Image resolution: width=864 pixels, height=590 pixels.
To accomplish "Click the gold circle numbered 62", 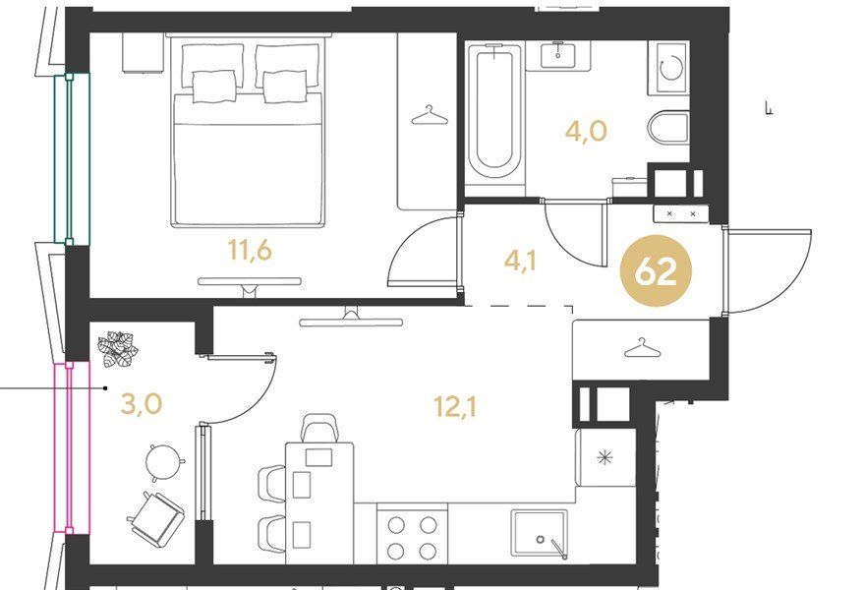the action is tap(656, 271).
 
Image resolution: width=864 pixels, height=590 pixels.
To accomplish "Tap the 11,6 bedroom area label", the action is tap(251, 251).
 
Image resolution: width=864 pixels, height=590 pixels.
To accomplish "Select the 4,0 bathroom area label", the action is tap(586, 131).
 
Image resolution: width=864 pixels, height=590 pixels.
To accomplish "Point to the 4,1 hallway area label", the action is tap(520, 261).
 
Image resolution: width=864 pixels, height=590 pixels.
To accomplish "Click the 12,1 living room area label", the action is tap(455, 407).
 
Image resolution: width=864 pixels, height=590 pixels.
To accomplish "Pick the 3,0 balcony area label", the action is tap(142, 404).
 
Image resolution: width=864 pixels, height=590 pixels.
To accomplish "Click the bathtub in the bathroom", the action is tap(494, 111).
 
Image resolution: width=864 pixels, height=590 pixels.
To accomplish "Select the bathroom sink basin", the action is tap(558, 55).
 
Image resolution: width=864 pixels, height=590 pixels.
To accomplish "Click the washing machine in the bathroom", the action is tap(667, 67).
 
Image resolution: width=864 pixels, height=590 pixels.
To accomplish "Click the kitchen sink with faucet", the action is tap(539, 534).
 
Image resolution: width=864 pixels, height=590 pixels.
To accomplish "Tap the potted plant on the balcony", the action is tap(117, 348).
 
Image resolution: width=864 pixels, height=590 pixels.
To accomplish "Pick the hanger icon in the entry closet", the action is tap(642, 347).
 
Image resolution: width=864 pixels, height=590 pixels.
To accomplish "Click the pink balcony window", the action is tap(71, 446).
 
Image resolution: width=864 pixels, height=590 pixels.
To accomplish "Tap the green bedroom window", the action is tap(71, 158).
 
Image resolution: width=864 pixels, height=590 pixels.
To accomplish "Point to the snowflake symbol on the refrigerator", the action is tap(605, 457).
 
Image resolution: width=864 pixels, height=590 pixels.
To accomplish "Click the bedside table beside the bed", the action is tap(144, 52).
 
